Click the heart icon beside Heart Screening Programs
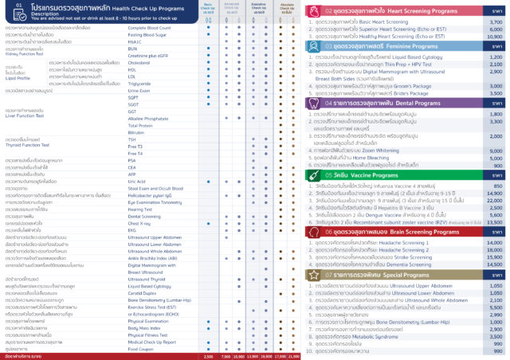[312, 11]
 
